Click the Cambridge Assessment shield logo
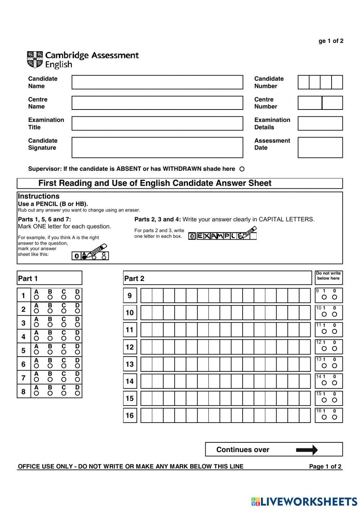tap(35, 59)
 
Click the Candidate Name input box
tap(157, 82)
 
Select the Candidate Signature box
tap(157, 147)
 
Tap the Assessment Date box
tap(320, 147)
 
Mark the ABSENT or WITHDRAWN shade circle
tap(242, 169)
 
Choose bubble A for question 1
tap(36, 297)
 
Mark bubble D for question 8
tap(77, 393)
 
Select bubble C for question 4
tap(64, 338)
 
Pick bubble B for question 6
tap(50, 366)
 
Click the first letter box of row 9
tap(146, 295)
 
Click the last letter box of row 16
tap(305, 415)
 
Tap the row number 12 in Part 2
tap(130, 347)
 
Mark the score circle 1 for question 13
tap(324, 366)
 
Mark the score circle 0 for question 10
tap(334, 314)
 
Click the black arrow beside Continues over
tap(307, 450)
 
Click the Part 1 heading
tap(28, 278)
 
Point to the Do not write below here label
tap(328, 276)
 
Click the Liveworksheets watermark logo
tap(304, 501)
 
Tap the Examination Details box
tap(320, 124)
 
